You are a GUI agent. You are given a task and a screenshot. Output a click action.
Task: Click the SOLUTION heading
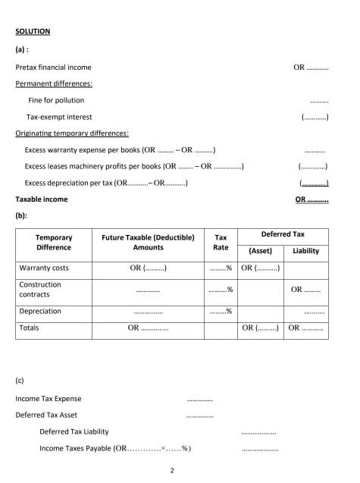coord(33,31)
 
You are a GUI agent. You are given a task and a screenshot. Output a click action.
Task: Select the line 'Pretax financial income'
coord(53,67)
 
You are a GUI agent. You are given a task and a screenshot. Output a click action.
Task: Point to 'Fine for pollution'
coord(56,100)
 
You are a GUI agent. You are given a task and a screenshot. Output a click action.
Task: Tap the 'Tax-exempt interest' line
coord(59,117)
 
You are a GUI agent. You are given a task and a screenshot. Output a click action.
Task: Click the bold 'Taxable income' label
coord(42,199)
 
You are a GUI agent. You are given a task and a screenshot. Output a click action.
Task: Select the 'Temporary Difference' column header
coord(54,242)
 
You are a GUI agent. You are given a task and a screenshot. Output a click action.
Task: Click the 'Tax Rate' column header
coord(221,242)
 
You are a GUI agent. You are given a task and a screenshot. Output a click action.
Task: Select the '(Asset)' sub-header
coord(260,251)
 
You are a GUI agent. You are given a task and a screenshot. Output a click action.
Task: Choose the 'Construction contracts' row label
coord(41,289)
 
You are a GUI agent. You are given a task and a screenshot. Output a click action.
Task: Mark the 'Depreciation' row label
coord(41,311)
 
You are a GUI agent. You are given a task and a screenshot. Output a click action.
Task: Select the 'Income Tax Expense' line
coord(49,398)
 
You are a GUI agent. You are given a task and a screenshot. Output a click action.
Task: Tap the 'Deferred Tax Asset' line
coord(46,415)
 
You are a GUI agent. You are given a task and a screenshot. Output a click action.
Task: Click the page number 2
coord(173,471)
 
